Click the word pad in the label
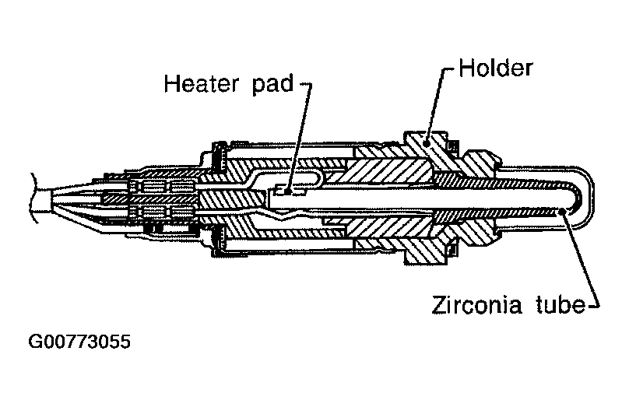pyautogui.click(x=269, y=83)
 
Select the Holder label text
pyautogui.click(x=495, y=68)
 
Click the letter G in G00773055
pyautogui.click(x=35, y=342)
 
